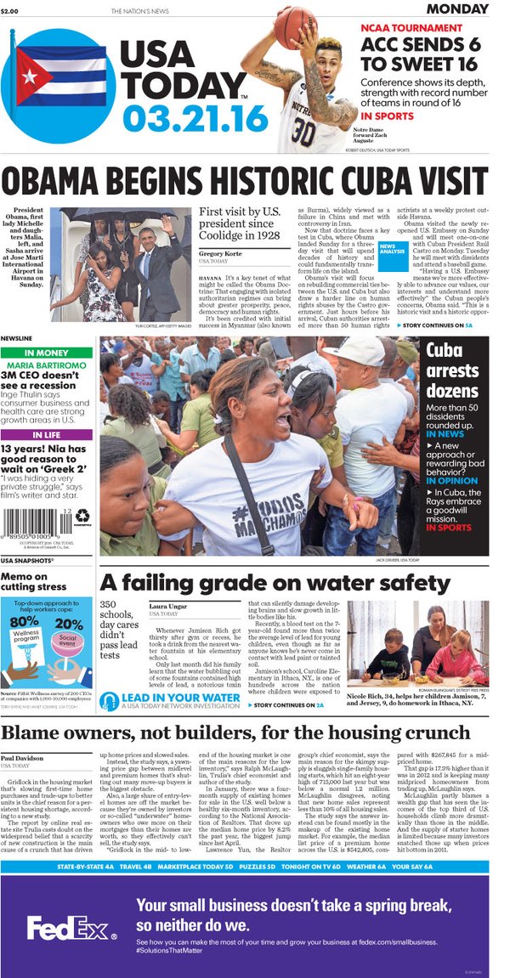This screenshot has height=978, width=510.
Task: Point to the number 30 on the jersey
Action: click(x=303, y=134)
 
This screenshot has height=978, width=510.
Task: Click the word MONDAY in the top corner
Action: click(x=462, y=9)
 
